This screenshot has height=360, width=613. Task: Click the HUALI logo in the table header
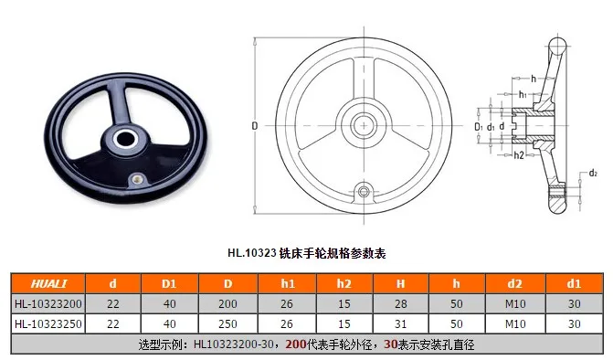click(48, 283)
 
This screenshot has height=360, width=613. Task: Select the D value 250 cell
click(227, 323)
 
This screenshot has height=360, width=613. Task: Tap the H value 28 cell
click(401, 303)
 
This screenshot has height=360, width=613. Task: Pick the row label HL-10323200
click(48, 303)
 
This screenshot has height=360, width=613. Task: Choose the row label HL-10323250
click(48, 323)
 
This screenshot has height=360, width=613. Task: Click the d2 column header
click(515, 283)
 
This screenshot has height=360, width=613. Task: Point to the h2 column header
click(344, 283)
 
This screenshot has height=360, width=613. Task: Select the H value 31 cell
click(401, 323)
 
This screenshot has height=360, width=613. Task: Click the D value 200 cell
click(227, 303)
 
